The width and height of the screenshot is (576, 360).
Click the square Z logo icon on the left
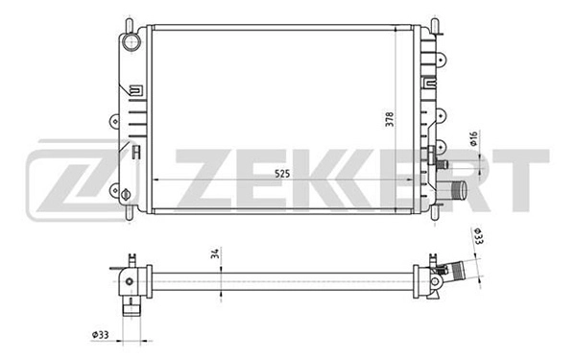coord(64,180)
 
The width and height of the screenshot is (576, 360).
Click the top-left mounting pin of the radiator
coord(128,21)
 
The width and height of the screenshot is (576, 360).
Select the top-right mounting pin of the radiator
coord(438,21)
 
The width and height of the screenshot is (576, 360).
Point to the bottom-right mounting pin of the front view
coord(438,216)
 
